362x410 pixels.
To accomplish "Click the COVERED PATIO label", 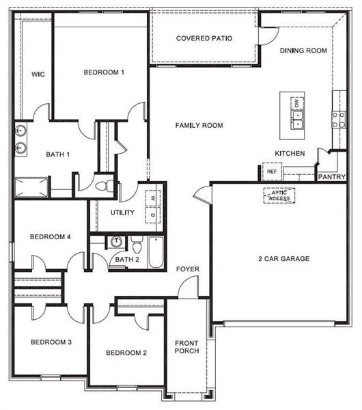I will point(204,38).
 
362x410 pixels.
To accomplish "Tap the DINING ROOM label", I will point(304,51).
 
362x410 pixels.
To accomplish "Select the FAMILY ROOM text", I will point(199,126).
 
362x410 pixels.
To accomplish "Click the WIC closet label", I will point(38,74).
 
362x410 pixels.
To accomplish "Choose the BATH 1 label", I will point(58,154).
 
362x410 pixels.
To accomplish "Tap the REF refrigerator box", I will point(272,172).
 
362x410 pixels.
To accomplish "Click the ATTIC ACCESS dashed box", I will point(279,195).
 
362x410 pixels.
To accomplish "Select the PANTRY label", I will point(332,176).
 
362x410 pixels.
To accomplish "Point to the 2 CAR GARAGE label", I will point(283,259).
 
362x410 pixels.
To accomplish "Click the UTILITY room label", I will point(123,213).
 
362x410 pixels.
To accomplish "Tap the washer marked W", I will point(153,198).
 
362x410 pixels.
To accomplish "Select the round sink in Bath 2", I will point(116,241).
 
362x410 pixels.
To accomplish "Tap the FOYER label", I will point(189,269).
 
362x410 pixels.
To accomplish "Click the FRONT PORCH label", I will point(186,347).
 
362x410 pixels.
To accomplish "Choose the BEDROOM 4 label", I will point(51,237).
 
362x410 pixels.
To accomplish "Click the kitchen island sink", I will point(298,120).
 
